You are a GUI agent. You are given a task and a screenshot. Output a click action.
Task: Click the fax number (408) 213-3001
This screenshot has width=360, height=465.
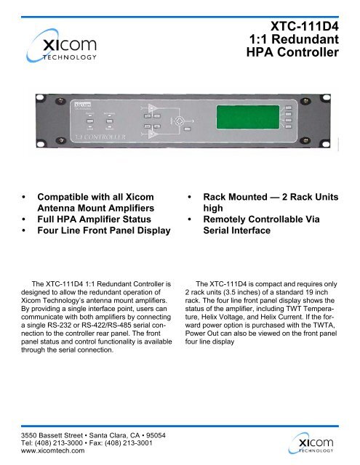(145, 440)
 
